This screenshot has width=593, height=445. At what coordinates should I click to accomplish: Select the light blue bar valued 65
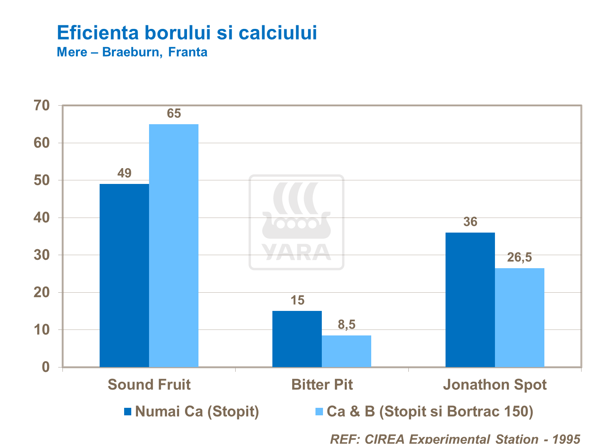[x=174, y=245]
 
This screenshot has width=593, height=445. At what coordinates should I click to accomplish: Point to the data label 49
[x=124, y=173]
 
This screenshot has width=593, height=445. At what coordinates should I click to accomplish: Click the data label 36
[x=470, y=222]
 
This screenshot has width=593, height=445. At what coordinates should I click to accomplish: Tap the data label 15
[x=297, y=300]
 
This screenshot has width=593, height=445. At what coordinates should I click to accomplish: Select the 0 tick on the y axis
[x=46, y=367]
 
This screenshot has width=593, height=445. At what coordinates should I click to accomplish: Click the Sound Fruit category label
[x=149, y=384]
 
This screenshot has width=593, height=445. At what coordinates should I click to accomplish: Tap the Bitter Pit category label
[x=322, y=384]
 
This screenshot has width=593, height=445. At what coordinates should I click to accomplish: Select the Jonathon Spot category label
[x=495, y=384]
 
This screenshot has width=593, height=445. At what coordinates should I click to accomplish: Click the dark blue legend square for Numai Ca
[x=128, y=411]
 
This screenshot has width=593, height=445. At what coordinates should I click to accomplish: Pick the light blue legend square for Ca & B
[x=319, y=411]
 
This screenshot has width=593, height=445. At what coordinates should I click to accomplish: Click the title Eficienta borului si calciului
[x=187, y=32]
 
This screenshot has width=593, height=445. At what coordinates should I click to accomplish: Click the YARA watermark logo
[x=296, y=222]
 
